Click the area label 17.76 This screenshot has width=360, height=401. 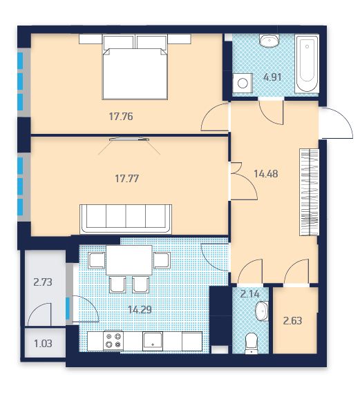[121, 117]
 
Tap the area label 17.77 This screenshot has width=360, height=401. [126, 178]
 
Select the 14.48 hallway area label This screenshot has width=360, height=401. [266, 174]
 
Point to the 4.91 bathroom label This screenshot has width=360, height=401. [272, 77]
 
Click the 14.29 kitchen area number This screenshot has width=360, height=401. [140, 310]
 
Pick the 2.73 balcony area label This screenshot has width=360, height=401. [43, 282]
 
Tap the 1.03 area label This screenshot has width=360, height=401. [43, 344]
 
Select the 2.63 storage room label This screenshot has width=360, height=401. [293, 320]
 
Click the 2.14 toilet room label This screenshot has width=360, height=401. [250, 294]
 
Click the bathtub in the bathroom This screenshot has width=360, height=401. [307, 63]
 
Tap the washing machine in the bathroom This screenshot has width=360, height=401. [243, 83]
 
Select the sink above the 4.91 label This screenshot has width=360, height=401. [269, 41]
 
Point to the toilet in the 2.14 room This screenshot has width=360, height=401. [251, 344]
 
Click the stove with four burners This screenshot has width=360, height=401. [113, 340]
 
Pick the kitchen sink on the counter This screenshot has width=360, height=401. [153, 341]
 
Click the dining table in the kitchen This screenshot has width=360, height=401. [129, 260]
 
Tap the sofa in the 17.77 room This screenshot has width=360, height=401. [126, 219]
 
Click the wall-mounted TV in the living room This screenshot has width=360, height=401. [129, 139]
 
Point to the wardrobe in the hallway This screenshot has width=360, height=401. [309, 192]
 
